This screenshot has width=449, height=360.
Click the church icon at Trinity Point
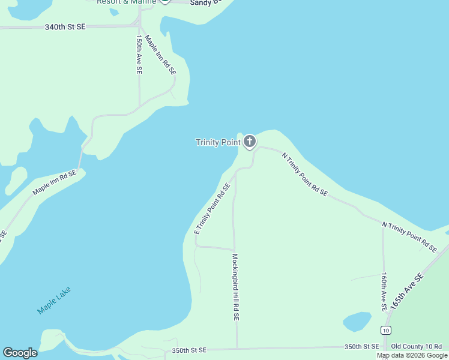(x=249, y=142)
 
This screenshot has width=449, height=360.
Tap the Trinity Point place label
(x=217, y=142)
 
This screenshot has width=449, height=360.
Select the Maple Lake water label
(x=54, y=300)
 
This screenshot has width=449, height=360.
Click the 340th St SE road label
(x=65, y=27)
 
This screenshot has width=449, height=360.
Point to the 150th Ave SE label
(x=139, y=54)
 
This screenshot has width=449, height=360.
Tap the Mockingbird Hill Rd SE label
(x=236, y=287)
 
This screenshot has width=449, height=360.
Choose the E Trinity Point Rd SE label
(x=212, y=209)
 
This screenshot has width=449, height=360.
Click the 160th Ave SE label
(x=384, y=292)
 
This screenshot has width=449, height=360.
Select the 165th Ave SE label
(x=406, y=291)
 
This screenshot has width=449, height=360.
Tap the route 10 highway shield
(x=385, y=331)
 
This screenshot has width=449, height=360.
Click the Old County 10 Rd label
(x=416, y=346)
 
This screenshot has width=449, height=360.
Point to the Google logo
(x=20, y=353)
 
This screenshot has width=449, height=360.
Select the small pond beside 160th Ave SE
(x=357, y=322)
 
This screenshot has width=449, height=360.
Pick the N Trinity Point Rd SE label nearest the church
(x=305, y=174)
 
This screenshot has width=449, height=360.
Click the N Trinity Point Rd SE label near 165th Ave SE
(x=409, y=236)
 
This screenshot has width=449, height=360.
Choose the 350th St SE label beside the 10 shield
(x=361, y=346)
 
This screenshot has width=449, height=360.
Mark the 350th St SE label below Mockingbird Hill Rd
(x=188, y=350)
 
